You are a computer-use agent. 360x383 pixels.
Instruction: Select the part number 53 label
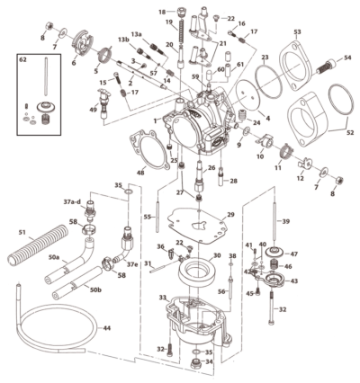coord(296,32)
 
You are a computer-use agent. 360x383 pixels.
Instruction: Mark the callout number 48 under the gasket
coord(140,172)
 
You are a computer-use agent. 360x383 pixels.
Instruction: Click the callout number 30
coord(216,256)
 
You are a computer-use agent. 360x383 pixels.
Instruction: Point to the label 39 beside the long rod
coord(286,221)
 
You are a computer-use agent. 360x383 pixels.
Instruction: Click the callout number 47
coord(292,254)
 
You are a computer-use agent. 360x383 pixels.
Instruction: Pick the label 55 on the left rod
coord(148,218)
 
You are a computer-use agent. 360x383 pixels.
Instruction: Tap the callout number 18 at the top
coord(162,12)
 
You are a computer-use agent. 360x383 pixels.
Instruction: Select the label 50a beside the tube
coord(54,258)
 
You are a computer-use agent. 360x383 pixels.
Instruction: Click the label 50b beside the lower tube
coord(94,289)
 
